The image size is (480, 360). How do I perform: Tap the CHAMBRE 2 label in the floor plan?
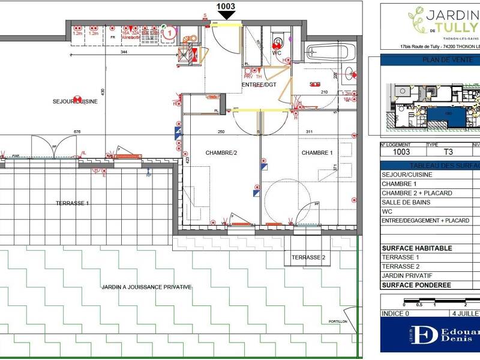click(222, 153)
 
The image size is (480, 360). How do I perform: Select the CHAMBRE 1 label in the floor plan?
click(317, 153)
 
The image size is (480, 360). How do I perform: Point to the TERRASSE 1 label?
click(72, 203)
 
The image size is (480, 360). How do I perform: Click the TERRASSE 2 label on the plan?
click(308, 257)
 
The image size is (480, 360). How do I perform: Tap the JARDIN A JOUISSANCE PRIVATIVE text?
click(146, 287)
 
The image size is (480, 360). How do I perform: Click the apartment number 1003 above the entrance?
click(226, 7)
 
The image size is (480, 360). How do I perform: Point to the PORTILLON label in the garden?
click(338, 322)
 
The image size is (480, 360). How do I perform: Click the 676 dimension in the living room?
click(77, 131)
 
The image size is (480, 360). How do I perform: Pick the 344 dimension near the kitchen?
click(124, 53)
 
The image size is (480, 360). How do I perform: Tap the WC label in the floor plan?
click(277, 52)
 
